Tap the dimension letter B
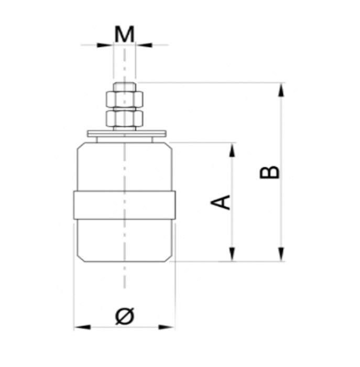point(270,172)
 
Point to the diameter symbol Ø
point(125,316)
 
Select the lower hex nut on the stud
point(124,118)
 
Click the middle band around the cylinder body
point(125,205)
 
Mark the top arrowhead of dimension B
point(282,89)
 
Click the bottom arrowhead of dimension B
point(282,254)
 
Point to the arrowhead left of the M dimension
point(106,45)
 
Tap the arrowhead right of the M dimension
point(143,45)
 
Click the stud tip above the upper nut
point(124,86)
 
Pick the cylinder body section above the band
point(125,168)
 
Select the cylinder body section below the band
point(125,239)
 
